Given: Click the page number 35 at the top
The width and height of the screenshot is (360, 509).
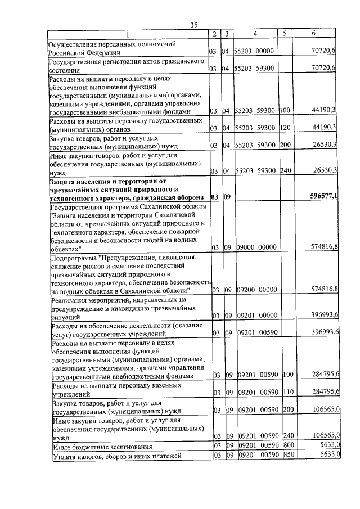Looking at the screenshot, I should click(194, 25).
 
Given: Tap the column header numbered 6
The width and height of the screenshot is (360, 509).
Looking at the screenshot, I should click(313, 34).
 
